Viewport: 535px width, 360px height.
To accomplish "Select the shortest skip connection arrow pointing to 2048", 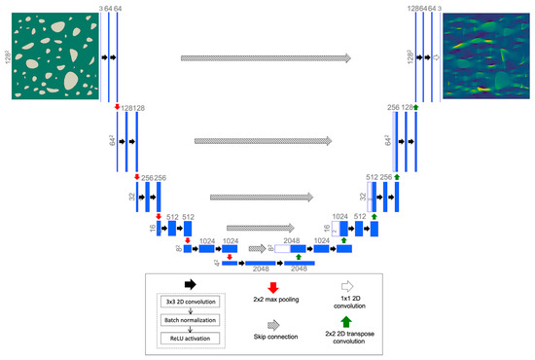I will coord(257,249).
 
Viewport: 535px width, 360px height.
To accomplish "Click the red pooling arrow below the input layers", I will coord(118,107).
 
